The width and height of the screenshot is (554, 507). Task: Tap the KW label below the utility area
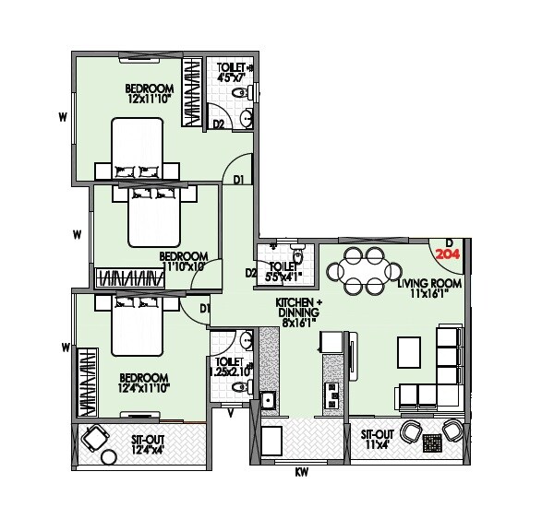(301, 474)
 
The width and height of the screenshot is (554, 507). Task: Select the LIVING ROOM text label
(429, 289)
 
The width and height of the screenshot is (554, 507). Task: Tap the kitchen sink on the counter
(267, 399)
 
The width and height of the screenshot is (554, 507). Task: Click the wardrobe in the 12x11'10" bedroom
(193, 93)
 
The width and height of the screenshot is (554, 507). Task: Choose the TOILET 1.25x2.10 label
(229, 366)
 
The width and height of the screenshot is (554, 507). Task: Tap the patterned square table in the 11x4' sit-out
(431, 443)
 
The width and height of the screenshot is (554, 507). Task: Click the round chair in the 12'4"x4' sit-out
(93, 438)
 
